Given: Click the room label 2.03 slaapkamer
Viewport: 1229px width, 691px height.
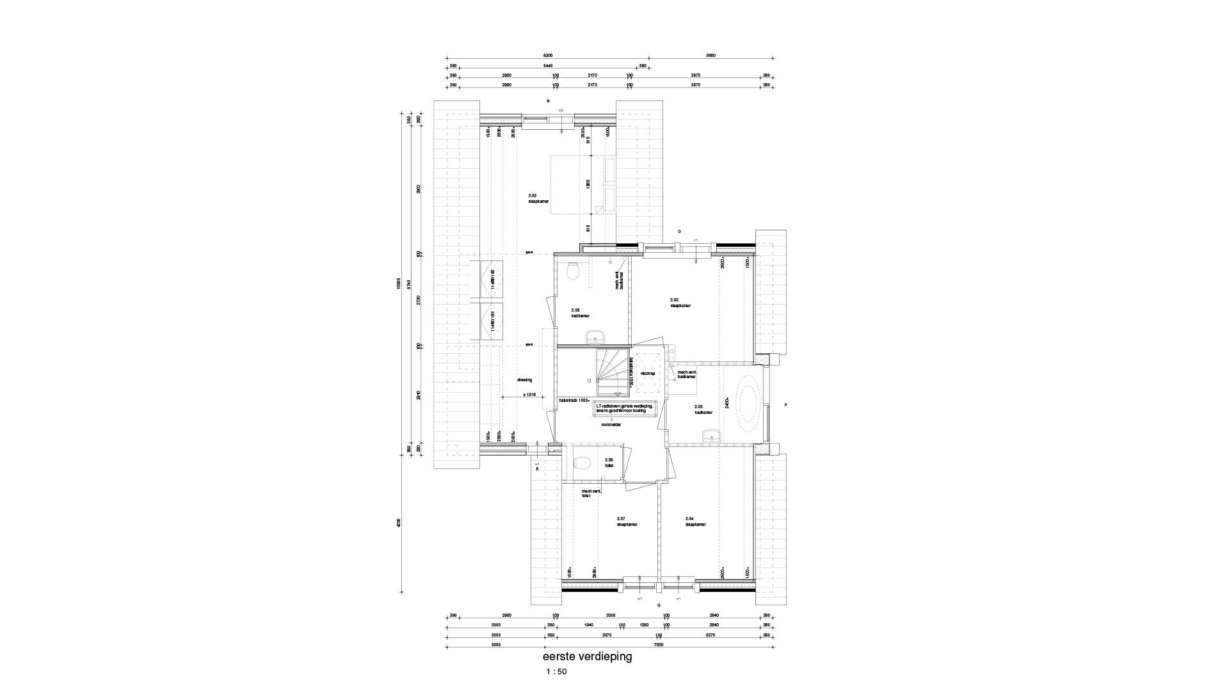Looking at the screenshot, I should tap(538, 198).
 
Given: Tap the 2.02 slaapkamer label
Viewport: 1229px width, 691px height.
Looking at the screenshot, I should tap(680, 303).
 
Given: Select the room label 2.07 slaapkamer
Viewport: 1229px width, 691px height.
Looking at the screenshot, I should tap(627, 521).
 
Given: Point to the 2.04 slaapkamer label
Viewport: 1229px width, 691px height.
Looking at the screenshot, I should tap(695, 521).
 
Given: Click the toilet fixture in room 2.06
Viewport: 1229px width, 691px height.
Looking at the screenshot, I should tap(582, 463).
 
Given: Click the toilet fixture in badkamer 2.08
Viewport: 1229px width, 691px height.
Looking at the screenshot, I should tap(574, 271).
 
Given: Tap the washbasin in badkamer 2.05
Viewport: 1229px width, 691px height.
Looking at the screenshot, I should tap(711, 436).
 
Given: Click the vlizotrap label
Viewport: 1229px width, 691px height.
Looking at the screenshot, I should tap(647, 373).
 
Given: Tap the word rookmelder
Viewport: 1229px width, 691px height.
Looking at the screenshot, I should tap(611, 424).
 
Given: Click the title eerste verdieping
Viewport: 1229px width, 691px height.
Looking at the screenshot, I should tap(587, 656).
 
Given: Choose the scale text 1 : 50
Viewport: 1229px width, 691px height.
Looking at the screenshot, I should tap(556, 672).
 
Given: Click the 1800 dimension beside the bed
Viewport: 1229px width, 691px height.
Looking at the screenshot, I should tap(588, 184).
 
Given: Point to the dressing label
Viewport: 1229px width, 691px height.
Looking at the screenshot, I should tap(524, 380).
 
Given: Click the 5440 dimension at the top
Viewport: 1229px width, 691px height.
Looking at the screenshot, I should tap(547, 65).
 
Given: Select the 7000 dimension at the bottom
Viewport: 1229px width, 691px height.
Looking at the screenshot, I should tap(659, 645).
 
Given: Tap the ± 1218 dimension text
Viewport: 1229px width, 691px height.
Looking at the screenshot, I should tap(529, 395).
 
